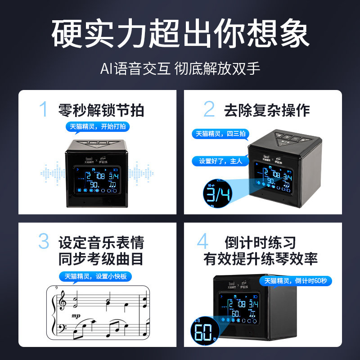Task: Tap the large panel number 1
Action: pyautogui.click(x=43, y=109)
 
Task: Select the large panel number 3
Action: pyautogui.click(x=43, y=242)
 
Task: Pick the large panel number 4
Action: pyautogui.click(x=203, y=242)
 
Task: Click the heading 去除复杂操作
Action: pyautogui.click(x=267, y=110)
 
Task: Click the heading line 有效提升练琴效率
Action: pyautogui.click(x=261, y=258)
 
